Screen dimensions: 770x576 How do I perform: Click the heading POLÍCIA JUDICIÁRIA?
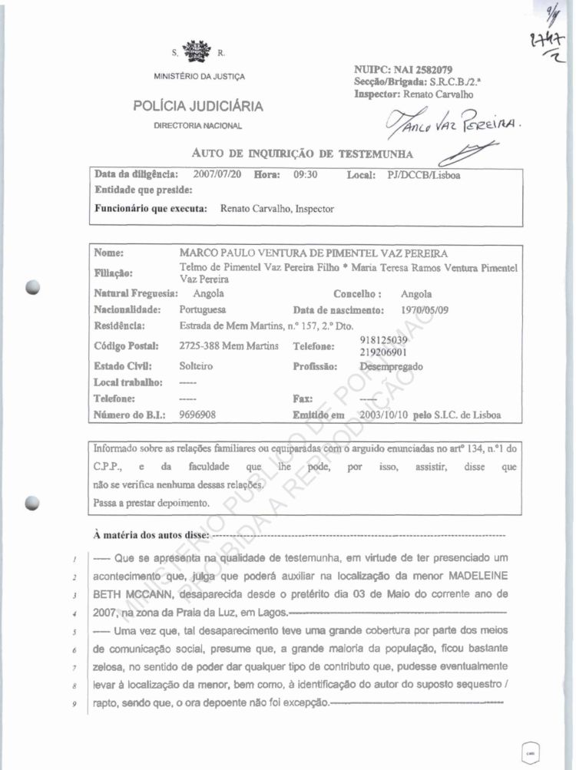tap(198, 106)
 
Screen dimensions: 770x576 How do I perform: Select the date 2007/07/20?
tap(217, 174)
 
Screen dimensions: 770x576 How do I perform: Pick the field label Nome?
tap(109, 253)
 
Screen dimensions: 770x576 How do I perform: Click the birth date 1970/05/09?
tap(427, 310)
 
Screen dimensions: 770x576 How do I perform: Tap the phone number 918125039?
tap(383, 339)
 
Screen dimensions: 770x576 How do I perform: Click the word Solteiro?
tap(196, 367)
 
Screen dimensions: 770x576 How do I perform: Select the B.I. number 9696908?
tap(197, 415)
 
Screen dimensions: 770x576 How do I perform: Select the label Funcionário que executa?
tap(151, 208)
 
